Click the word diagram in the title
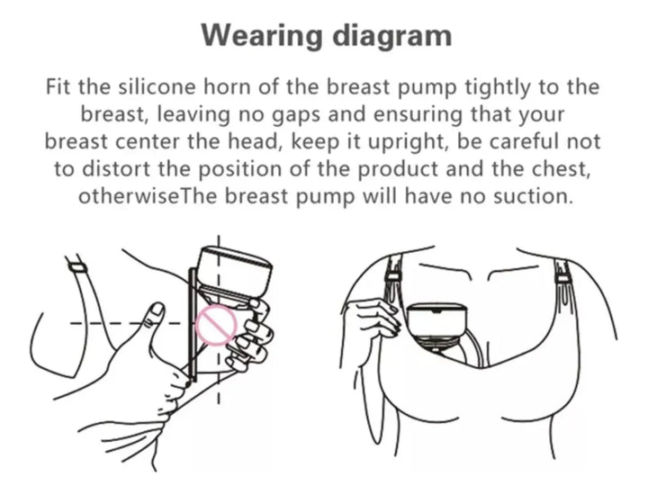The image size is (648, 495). click(392, 36)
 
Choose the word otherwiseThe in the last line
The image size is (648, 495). click(148, 196)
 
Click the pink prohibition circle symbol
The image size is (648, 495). click(216, 325)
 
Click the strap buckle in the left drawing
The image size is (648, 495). click(77, 267)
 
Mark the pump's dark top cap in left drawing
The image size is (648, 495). click(235, 272)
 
